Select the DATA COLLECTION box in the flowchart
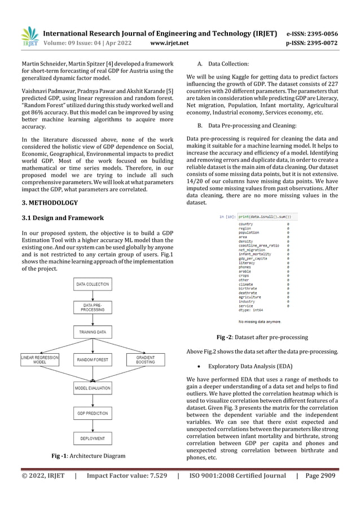click(x=93, y=284)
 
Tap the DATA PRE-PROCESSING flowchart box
click(x=93, y=308)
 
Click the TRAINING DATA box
click(x=93, y=333)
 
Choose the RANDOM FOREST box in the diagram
click(x=93, y=359)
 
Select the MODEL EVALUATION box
click(x=93, y=388)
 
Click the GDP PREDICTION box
click(x=93, y=414)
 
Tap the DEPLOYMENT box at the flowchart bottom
click(x=93, y=438)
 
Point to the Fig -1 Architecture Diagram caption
click(x=89, y=455)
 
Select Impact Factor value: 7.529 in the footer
click(x=127, y=476)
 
